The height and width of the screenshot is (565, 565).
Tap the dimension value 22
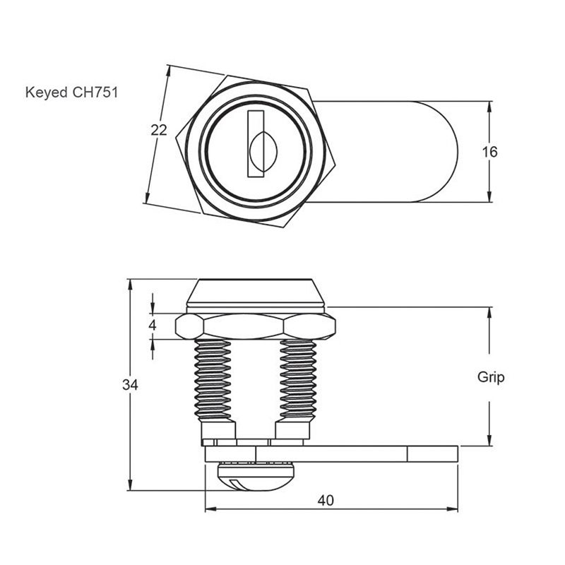click(x=160, y=129)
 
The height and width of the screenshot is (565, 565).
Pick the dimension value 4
click(x=152, y=326)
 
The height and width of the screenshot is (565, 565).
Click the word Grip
click(x=491, y=377)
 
